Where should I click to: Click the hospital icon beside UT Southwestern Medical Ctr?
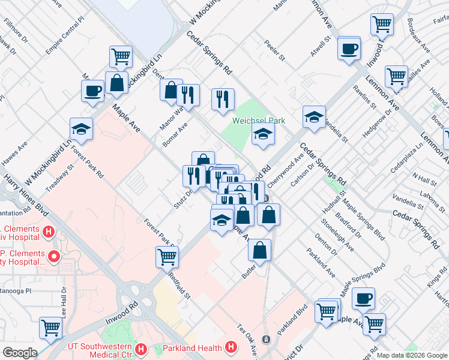coord(141,348)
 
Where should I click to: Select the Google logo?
coord(19,353)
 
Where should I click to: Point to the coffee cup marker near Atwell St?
coord(348,49)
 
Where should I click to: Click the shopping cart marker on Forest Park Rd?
coord(167,257)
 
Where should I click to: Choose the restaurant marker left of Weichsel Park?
coord(223,99)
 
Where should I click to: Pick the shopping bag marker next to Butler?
coord(259,250)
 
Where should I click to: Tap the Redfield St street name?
coord(179,289)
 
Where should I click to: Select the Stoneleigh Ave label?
coord(334,233)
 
